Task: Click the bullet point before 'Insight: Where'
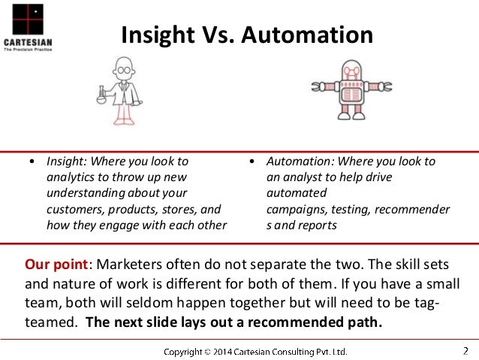coord(32,162)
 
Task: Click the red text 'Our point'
coord(57,265)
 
